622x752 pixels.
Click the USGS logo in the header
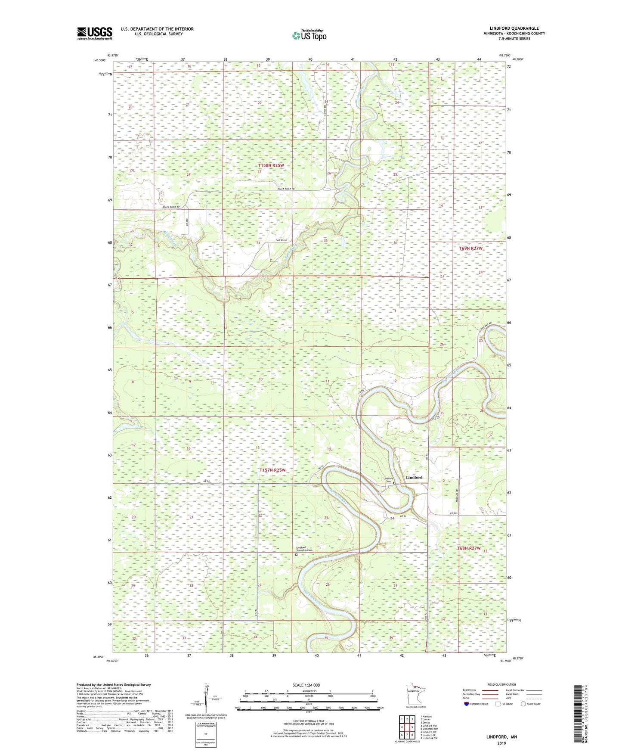point(95,33)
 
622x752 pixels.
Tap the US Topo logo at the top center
point(309,35)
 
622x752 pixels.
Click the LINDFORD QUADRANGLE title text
point(514,28)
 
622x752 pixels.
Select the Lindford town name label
point(414,477)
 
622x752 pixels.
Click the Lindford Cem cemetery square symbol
point(394,483)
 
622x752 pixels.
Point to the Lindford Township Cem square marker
point(296,555)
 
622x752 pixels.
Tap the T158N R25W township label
point(271,165)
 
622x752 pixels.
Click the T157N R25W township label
point(272,470)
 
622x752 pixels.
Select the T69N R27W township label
point(470,249)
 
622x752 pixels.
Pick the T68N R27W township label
point(468,548)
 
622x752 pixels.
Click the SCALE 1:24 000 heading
point(306,685)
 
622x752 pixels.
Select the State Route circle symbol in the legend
point(523,704)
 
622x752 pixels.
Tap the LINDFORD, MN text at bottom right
point(501,737)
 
